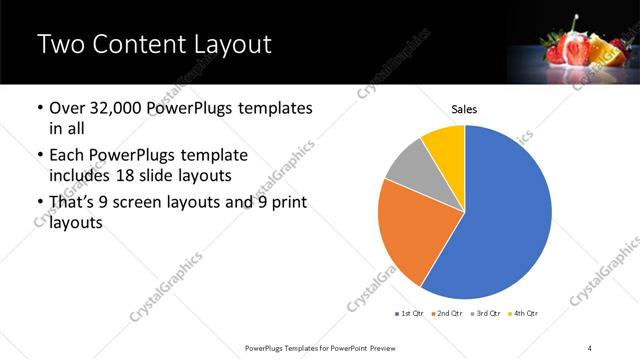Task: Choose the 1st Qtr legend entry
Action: (x=409, y=313)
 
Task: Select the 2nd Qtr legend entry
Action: (x=447, y=313)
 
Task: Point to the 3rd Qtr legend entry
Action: (x=486, y=313)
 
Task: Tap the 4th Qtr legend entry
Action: (x=524, y=313)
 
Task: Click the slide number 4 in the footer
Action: (x=590, y=347)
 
